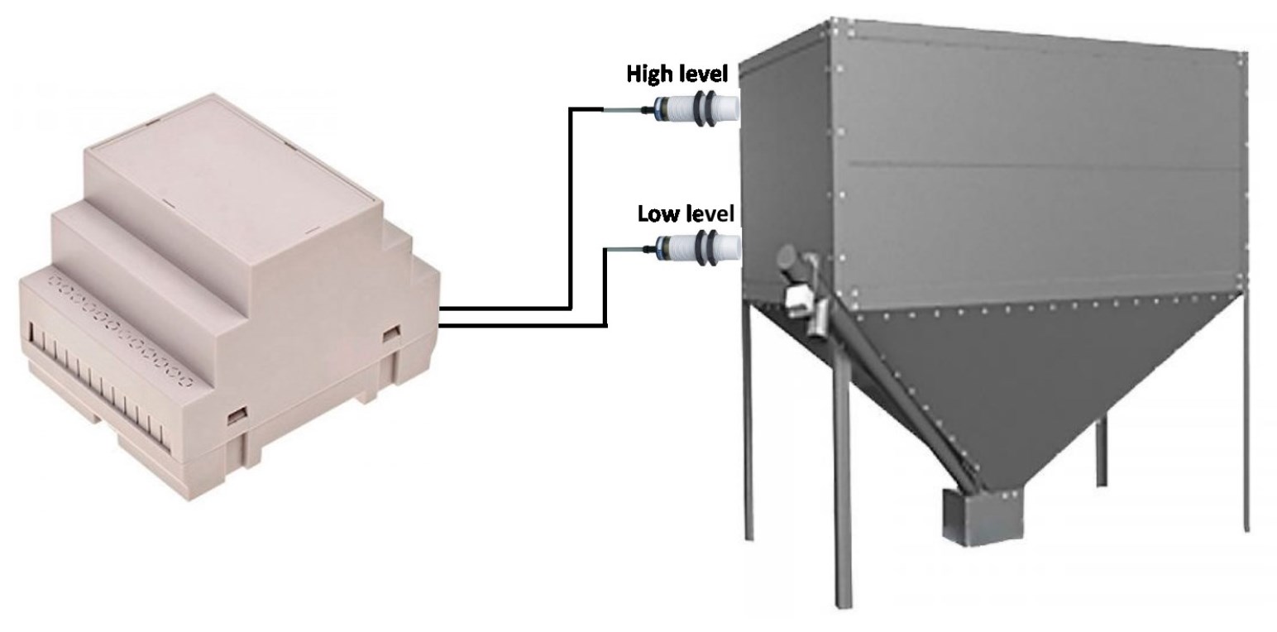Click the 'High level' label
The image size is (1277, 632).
[677, 74]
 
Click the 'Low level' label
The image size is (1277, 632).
[686, 213]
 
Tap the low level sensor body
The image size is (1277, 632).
[698, 247]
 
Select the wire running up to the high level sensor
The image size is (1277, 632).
[570, 208]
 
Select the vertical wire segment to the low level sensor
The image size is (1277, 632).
[605, 287]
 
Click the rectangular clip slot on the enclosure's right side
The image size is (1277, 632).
[391, 333]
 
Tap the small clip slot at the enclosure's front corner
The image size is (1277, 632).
[237, 416]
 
